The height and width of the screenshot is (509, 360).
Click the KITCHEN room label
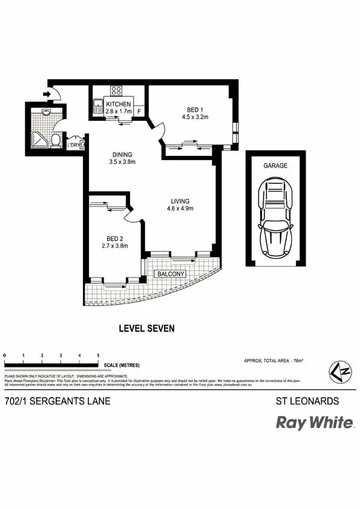coord(118,104)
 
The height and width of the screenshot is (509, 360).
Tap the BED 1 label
coord(195,109)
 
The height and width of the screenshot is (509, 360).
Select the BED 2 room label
coord(114,237)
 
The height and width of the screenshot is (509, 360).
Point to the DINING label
coord(122,154)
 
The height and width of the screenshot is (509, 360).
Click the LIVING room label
coord(180,201)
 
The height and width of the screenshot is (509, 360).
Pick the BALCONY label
coord(170,274)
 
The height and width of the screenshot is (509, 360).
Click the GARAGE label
coord(275,165)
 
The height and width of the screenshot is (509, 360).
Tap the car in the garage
coord(275,217)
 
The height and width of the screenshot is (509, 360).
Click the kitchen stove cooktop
coord(116,92)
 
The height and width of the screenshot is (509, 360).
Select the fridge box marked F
coord(139,111)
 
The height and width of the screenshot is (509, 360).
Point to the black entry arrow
coord(46,94)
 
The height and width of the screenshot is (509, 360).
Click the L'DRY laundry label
coord(74,145)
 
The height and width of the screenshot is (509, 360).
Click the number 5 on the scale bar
coord(98,355)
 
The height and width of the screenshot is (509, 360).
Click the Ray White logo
coord(315,423)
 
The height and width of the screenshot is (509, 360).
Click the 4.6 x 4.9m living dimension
coord(180,209)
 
